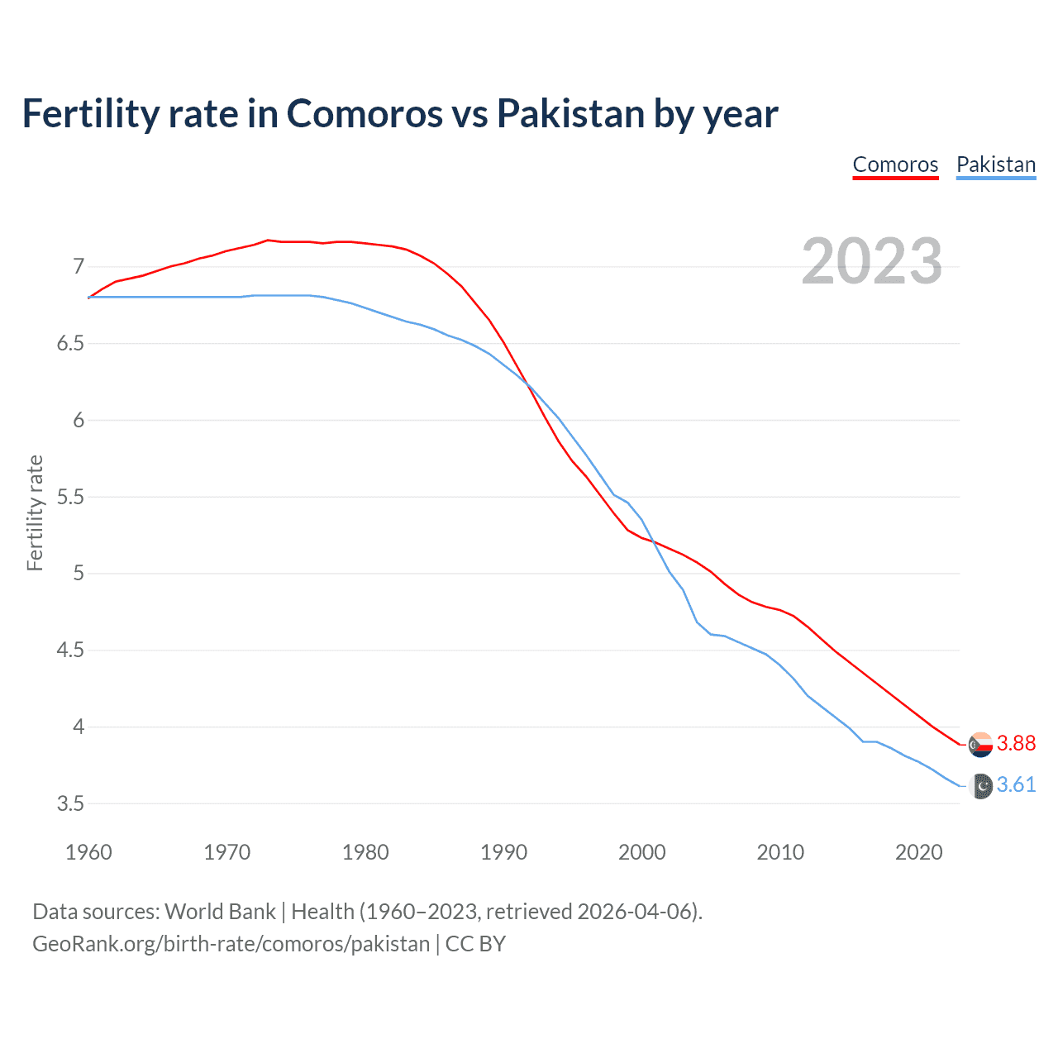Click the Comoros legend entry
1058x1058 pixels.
click(895, 164)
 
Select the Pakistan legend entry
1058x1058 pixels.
click(995, 164)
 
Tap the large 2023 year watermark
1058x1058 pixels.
click(872, 261)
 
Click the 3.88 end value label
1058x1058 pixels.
click(1016, 743)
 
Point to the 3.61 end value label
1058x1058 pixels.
click(1016, 784)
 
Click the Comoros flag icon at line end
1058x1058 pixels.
click(980, 745)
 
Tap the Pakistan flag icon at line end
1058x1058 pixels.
click(980, 787)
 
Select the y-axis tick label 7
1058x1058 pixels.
click(79, 266)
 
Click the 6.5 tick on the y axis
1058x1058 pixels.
click(71, 343)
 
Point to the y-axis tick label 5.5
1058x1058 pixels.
click(71, 497)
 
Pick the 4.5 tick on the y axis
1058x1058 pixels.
click(71, 651)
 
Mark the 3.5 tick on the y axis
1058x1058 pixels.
click(71, 803)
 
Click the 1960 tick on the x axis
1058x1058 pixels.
click(88, 852)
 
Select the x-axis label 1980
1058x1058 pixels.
click(365, 852)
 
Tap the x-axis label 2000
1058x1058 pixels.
click(642, 852)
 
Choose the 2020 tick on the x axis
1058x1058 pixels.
click(918, 852)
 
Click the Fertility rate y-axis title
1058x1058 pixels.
click(35, 512)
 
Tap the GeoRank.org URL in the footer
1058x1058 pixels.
click(231, 944)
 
